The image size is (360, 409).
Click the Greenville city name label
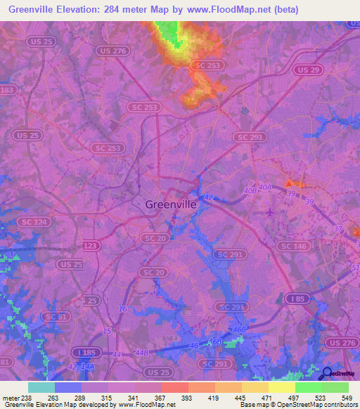coord(171,204)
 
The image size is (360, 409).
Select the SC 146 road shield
coord(294,246)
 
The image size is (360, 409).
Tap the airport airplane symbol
coord(271,212)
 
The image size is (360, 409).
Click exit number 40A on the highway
coord(264,187)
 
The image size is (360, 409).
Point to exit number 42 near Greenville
coord(209,198)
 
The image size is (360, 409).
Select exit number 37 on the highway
coord(338,229)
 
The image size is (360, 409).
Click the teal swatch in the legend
coord(41,387)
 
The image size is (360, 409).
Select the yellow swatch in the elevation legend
coord(281,387)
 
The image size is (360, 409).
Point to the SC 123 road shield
coord(90,246)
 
